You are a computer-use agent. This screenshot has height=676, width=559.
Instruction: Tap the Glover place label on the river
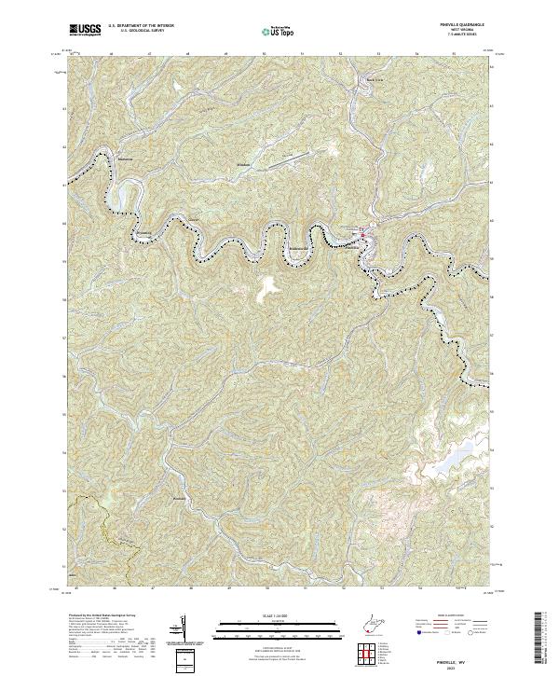point(195,220)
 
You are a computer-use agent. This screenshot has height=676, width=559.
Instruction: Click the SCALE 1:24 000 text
point(267,616)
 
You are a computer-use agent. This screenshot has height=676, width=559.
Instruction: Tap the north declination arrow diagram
point(184,628)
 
